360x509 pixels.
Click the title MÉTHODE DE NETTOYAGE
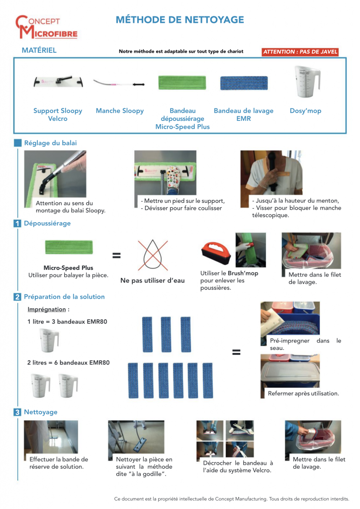180,20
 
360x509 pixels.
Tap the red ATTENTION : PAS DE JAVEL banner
300,52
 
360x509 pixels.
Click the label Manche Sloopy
119,111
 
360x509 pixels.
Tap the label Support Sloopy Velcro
58,115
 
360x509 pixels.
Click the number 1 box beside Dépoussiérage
17,224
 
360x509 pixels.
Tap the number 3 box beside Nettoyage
17,412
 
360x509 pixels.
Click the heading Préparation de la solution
64,297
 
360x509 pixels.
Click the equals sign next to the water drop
116,255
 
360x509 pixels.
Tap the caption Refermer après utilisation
303,393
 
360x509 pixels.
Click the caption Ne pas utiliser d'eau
152,280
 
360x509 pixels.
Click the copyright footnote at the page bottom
231,498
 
